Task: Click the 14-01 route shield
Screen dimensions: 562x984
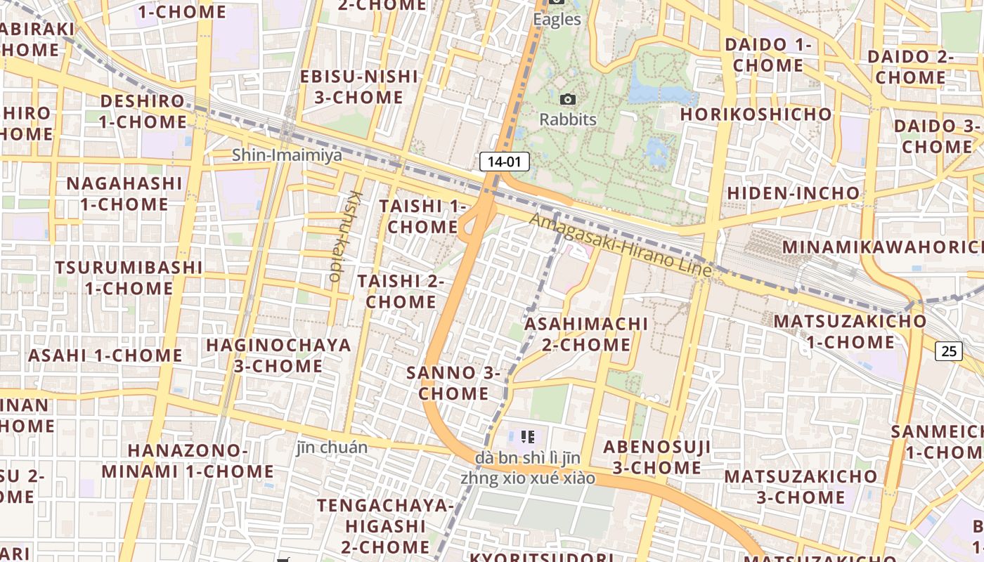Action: pos(504,162)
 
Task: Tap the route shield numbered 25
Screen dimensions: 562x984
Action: pos(948,351)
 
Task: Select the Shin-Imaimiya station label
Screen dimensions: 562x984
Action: pos(287,155)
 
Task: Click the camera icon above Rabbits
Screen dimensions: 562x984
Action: pos(568,100)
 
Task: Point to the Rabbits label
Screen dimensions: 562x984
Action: pos(568,119)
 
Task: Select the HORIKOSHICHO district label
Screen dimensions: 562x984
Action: pos(756,114)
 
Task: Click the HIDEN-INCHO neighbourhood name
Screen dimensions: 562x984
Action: pos(793,192)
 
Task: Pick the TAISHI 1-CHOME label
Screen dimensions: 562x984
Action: pos(423,216)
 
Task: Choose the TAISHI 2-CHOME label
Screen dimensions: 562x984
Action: pos(401,292)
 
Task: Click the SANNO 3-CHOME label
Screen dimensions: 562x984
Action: pos(453,383)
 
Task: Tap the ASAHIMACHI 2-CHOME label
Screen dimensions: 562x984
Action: pos(586,334)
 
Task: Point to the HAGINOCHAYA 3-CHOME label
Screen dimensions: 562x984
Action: pos(278,355)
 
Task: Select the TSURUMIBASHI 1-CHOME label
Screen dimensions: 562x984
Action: pos(129,278)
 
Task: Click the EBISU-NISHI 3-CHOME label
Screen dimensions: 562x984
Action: pos(359,87)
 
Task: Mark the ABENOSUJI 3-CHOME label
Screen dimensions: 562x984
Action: pos(656,457)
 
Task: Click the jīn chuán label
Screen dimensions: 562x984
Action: pos(332,447)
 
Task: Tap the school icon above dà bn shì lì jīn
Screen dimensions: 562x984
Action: pos(529,437)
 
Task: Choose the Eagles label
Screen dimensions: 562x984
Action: pos(557,19)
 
